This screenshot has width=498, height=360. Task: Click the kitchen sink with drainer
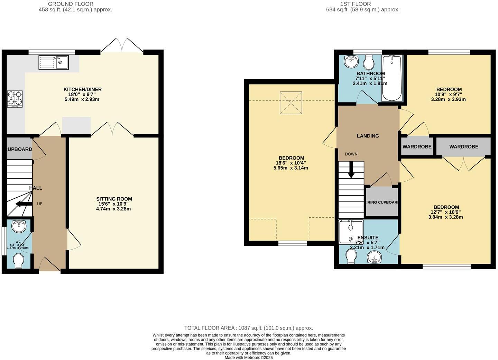click(54, 63)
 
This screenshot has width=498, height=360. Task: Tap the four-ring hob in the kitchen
click(15, 98)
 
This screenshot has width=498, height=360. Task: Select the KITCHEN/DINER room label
click(82, 90)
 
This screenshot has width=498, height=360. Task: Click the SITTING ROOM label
click(114, 199)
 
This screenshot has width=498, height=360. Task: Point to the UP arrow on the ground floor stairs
click(24, 204)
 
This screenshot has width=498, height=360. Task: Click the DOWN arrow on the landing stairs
click(351, 171)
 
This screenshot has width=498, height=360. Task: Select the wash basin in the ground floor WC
click(18, 226)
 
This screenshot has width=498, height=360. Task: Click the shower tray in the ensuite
click(351, 231)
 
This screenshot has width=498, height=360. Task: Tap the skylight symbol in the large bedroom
click(291, 102)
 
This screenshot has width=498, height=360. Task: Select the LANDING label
click(368, 136)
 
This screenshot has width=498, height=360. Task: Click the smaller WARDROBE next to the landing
click(417, 147)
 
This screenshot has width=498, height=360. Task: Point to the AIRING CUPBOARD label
click(382, 202)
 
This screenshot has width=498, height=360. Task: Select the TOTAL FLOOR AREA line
click(248, 328)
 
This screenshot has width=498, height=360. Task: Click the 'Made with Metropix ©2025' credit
click(248, 358)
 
